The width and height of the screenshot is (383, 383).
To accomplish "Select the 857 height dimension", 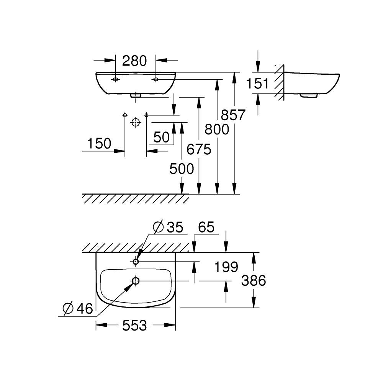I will [x=232, y=115].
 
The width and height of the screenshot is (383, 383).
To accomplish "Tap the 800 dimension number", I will [x=217, y=129].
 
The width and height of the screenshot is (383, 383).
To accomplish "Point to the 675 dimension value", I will [x=199, y=149].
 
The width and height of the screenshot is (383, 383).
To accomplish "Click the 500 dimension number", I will [x=182, y=169].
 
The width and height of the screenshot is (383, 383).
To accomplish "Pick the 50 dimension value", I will [x=161, y=137].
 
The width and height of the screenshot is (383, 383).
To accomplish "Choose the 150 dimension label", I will [x=99, y=144].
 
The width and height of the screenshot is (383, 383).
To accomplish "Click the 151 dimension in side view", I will [x=258, y=83].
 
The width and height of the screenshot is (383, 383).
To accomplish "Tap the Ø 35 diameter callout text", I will [x=168, y=227].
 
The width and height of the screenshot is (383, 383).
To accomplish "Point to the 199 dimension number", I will [x=226, y=267].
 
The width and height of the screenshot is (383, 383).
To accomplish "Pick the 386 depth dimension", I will [x=254, y=281].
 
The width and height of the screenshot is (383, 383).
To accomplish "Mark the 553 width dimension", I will [x=135, y=326].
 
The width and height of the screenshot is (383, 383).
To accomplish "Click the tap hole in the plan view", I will [x=136, y=261].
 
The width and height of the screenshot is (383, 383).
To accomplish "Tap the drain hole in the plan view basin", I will [x=136, y=281].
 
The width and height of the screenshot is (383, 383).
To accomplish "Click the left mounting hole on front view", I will [x=115, y=79].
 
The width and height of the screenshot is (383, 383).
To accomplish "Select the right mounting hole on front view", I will [x=156, y=79].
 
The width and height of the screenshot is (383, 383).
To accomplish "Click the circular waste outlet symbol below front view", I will [x=135, y=123].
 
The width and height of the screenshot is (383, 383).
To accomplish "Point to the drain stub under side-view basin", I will [x=309, y=96].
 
